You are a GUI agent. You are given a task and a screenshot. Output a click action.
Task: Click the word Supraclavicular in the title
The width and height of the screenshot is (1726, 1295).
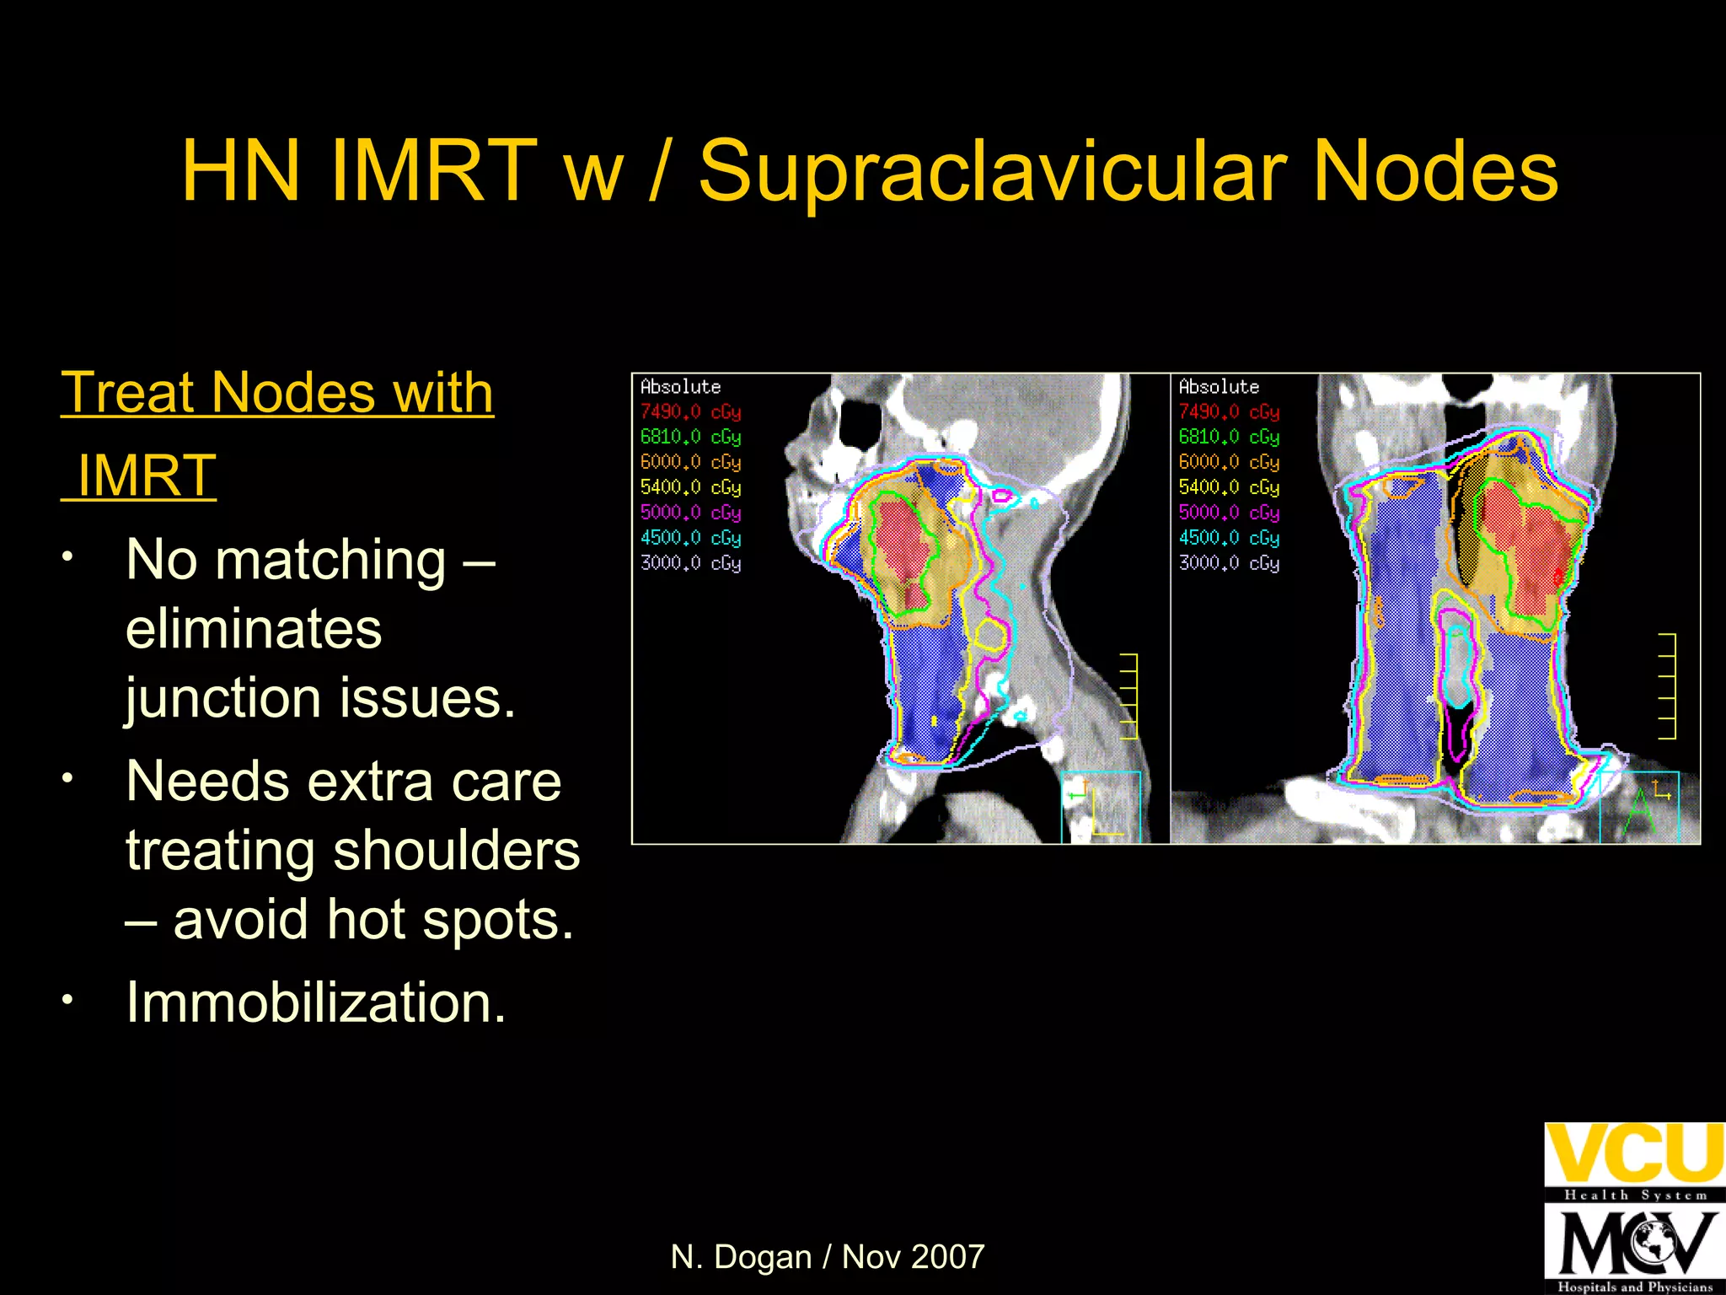click(992, 172)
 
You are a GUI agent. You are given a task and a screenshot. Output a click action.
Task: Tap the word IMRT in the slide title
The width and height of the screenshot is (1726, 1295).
click(433, 172)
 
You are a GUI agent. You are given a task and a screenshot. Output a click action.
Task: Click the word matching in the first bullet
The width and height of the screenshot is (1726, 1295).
click(330, 560)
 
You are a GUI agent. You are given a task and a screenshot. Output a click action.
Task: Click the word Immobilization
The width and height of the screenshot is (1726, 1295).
click(315, 1002)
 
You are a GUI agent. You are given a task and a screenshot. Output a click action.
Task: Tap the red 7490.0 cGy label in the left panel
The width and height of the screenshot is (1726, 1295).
click(690, 412)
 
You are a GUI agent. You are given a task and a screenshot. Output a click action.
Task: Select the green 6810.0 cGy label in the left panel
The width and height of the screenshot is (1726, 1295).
click(690, 438)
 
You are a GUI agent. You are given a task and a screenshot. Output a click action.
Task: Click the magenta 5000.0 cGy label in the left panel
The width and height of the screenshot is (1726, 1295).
click(690, 513)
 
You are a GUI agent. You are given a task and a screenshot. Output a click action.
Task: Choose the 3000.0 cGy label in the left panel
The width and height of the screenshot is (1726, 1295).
click(690, 563)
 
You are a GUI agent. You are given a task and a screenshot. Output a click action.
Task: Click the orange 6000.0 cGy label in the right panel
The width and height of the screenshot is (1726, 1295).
click(1229, 463)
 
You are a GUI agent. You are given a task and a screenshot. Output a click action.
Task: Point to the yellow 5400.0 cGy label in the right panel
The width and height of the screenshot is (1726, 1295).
click(1229, 488)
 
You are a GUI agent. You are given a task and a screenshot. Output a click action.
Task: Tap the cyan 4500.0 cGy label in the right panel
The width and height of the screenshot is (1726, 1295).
click(1229, 538)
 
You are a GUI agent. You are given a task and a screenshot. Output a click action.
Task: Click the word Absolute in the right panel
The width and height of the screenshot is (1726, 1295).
click(1219, 387)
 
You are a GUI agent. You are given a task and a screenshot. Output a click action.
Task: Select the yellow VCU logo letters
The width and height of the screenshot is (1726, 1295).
click(1633, 1153)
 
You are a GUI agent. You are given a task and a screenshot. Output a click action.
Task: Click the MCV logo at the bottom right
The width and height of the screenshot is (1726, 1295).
click(1633, 1244)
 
